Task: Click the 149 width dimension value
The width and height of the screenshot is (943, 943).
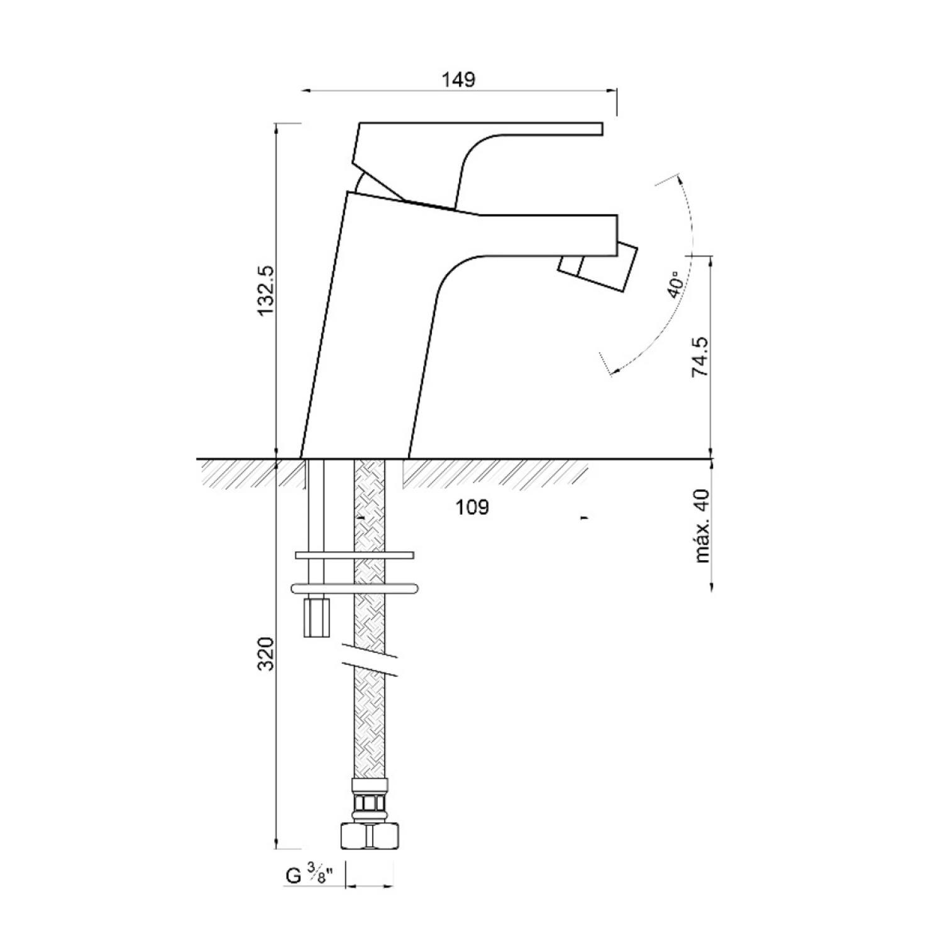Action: click(x=458, y=80)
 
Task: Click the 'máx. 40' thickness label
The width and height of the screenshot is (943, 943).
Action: click(x=702, y=526)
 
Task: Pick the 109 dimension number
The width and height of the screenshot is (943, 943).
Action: click(x=472, y=507)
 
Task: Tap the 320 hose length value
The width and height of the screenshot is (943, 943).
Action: click(x=267, y=654)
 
